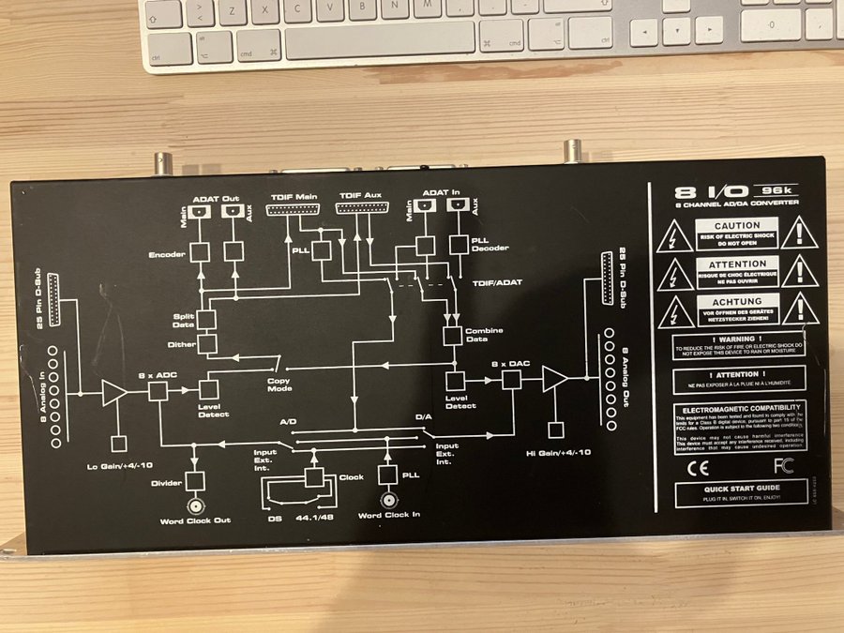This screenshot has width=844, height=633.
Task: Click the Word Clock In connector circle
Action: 385,498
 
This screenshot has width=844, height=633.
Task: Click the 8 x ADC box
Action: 158,390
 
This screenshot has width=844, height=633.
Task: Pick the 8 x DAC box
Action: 512,379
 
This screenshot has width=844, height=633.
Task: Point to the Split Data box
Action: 207,319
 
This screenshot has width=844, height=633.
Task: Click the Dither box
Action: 207,343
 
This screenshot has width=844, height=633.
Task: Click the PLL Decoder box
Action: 459,244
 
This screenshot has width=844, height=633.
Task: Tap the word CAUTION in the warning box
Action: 737,226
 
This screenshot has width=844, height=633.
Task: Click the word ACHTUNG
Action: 737,301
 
